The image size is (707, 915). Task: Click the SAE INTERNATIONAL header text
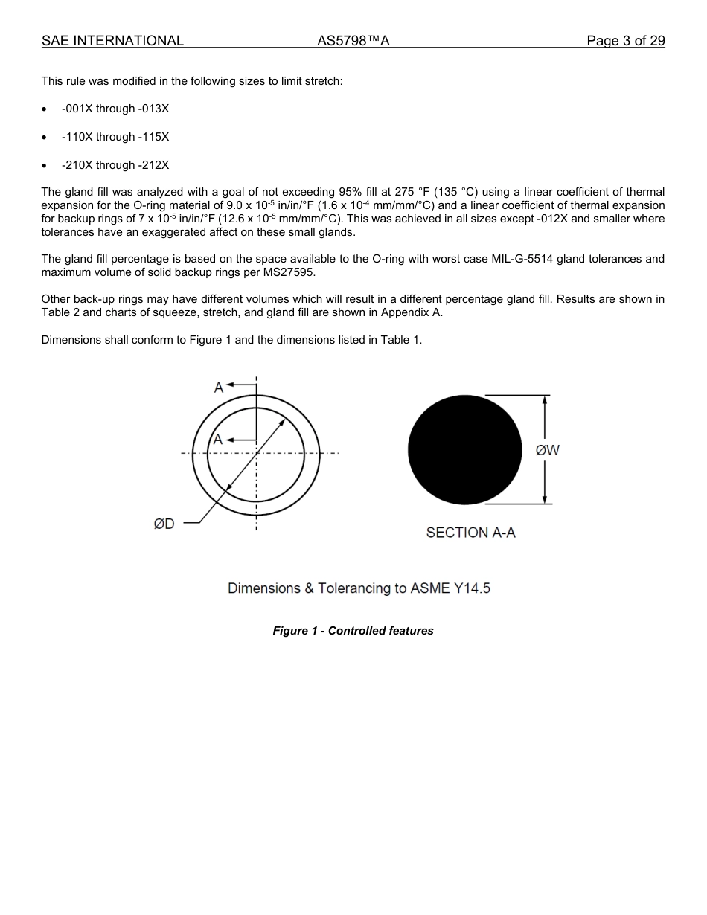pyautogui.click(x=112, y=41)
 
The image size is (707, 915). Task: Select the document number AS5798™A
pyautogui.click(x=353, y=41)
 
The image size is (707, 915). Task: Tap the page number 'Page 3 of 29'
pyautogui.click(x=625, y=41)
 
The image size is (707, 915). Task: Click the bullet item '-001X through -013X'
pyautogui.click(x=115, y=109)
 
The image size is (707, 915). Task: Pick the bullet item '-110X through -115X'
pyautogui.click(x=115, y=137)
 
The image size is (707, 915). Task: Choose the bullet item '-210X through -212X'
pyautogui.click(x=115, y=165)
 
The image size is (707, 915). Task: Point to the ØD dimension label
pyautogui.click(x=164, y=524)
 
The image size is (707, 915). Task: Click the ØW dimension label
pyautogui.click(x=548, y=450)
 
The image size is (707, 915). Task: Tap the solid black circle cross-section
pyautogui.click(x=464, y=450)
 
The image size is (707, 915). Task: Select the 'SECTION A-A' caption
pyautogui.click(x=470, y=533)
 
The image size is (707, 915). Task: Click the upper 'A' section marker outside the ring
pyautogui.click(x=219, y=388)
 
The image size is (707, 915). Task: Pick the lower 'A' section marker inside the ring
pyautogui.click(x=218, y=440)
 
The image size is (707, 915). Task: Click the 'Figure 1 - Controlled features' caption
pyautogui.click(x=353, y=631)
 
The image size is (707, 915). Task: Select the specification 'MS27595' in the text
pyautogui.click(x=290, y=272)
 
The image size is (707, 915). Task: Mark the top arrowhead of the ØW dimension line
pyautogui.click(x=545, y=400)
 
